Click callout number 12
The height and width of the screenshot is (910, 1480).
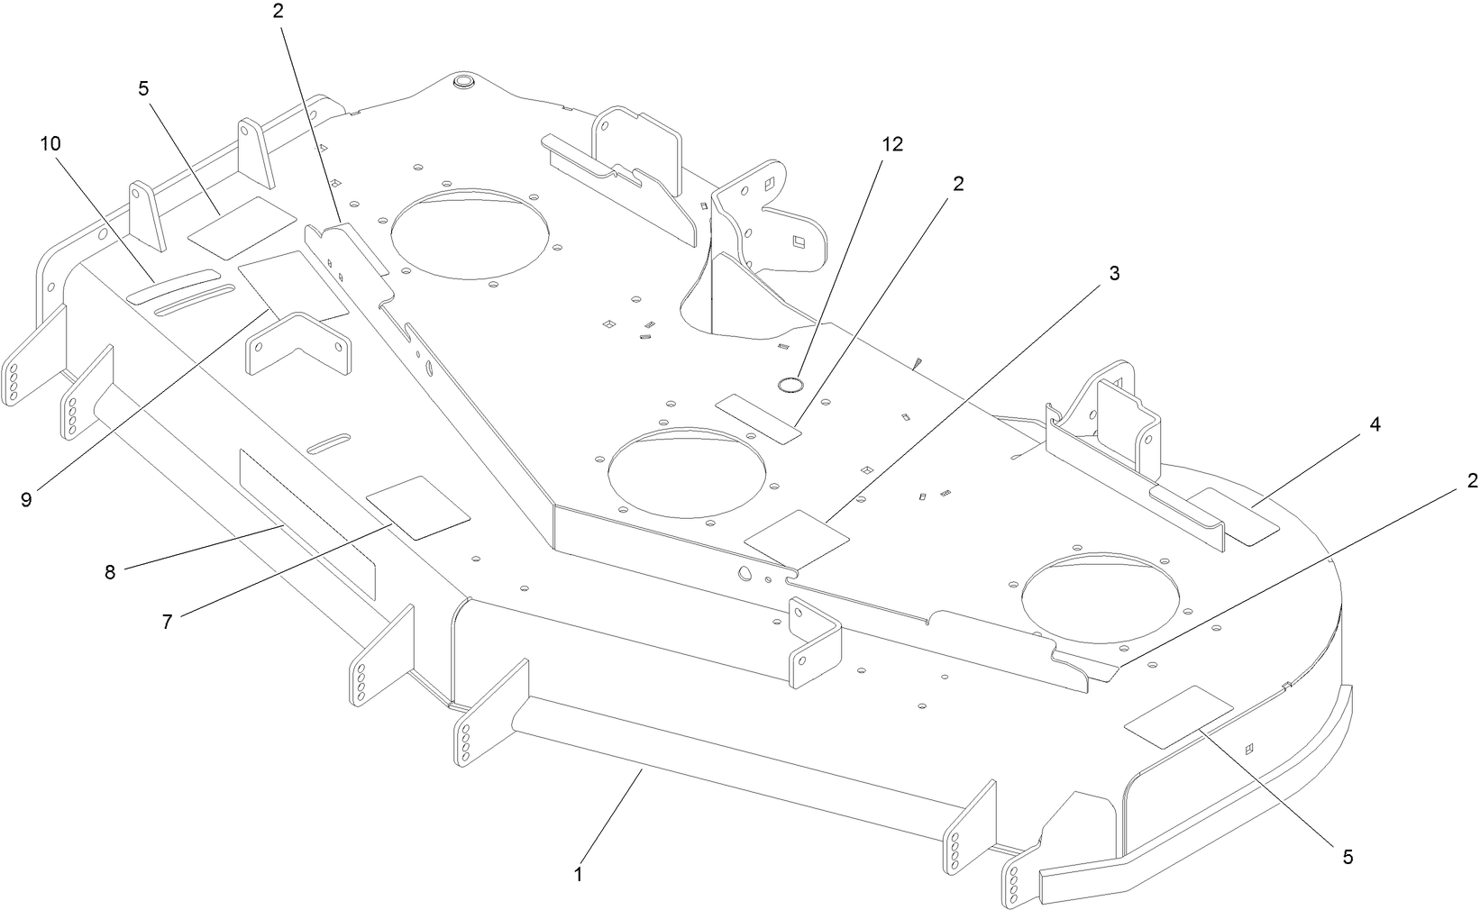coord(892,144)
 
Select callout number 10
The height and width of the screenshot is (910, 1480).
coord(50,143)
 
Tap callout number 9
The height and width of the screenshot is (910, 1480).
coord(26,499)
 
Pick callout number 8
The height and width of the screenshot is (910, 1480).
coord(110,572)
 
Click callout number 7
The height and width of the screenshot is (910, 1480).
coord(167,622)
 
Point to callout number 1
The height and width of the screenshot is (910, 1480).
coord(578,873)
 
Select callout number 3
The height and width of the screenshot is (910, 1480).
coord(1114,274)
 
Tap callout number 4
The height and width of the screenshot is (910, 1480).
coord(1375,423)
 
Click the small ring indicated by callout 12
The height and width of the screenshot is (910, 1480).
coord(790,386)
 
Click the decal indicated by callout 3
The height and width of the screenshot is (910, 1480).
coord(797,539)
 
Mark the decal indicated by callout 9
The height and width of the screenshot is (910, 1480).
coord(293,285)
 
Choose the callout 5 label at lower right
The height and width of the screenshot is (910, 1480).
coord(1348,857)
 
